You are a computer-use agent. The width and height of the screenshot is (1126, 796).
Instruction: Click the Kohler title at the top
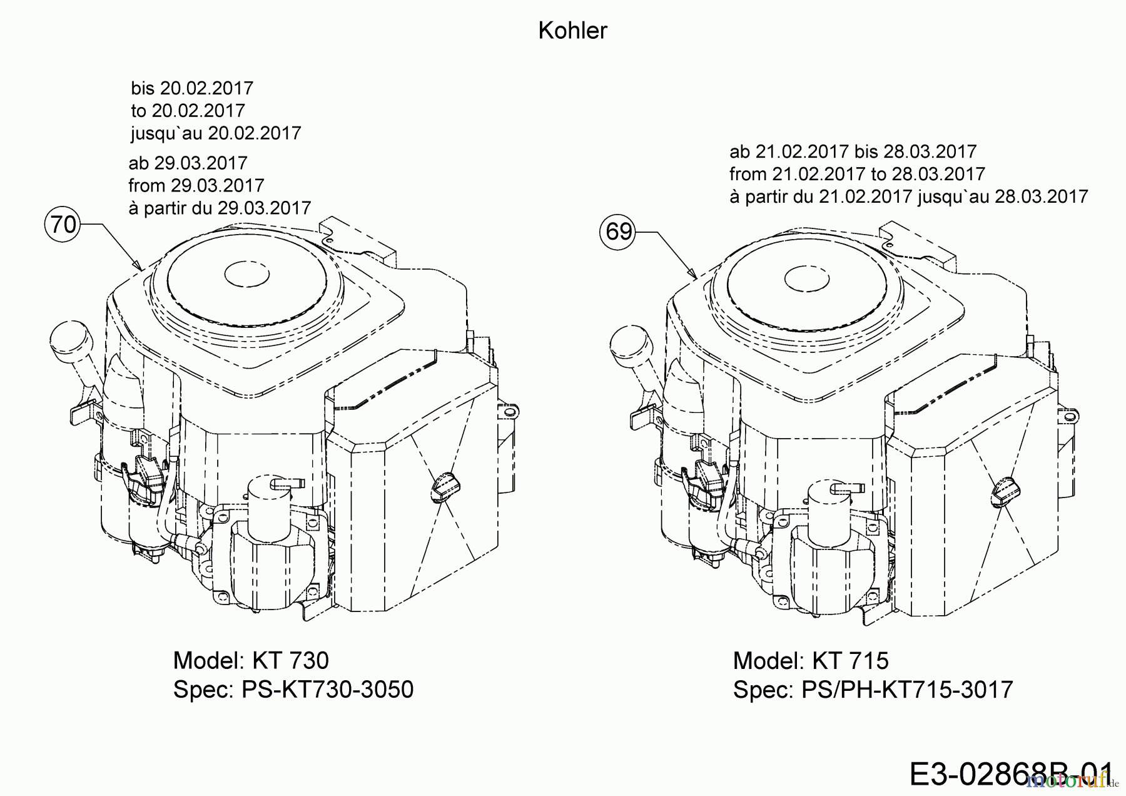point(572,31)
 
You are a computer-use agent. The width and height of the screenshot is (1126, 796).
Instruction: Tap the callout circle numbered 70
point(63,223)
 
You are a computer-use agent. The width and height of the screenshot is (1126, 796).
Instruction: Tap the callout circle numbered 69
point(619,232)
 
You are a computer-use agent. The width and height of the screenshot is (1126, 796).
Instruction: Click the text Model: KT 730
point(250,660)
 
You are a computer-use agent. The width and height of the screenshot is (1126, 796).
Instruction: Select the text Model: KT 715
point(810,660)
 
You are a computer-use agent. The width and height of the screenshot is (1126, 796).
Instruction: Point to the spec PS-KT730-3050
point(293,690)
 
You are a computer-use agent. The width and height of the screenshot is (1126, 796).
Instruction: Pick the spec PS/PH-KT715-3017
point(873,690)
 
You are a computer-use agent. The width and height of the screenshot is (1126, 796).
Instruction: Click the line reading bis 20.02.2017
point(192,88)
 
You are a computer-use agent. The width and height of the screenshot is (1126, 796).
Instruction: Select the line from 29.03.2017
point(196,185)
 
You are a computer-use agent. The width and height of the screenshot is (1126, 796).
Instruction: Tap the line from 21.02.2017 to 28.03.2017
point(857,174)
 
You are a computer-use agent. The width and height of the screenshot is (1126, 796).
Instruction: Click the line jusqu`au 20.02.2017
point(216,133)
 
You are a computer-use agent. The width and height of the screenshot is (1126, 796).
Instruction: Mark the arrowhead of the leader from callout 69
point(694,275)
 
